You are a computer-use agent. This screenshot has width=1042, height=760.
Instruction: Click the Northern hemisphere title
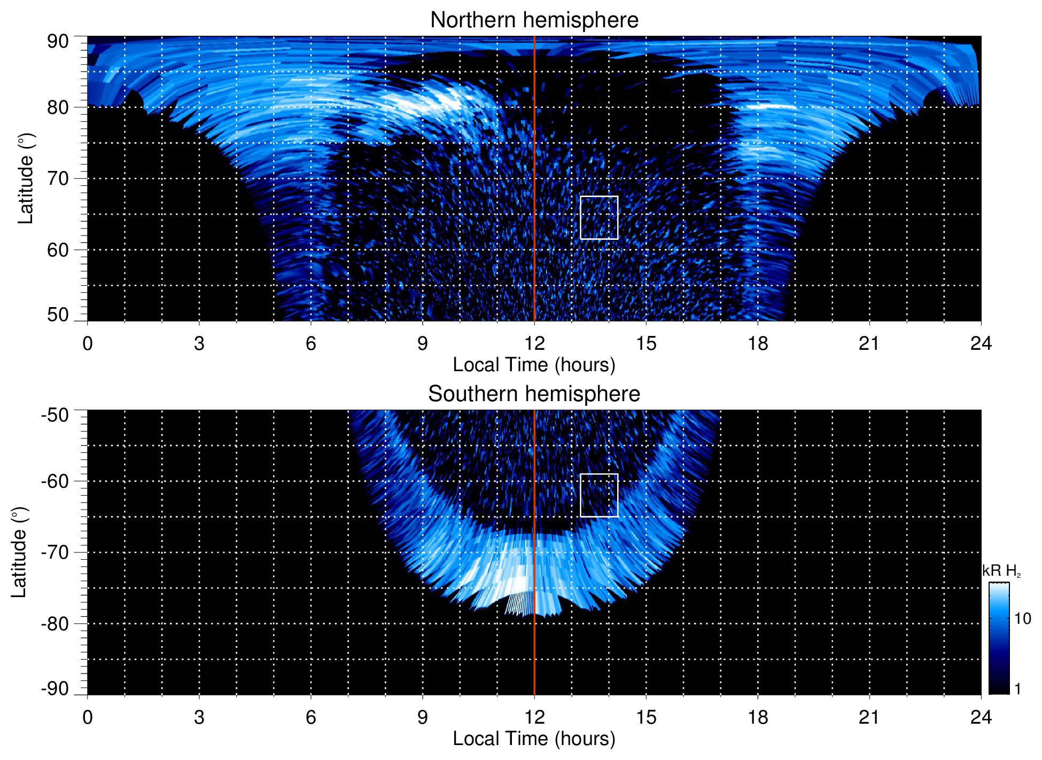click(534, 20)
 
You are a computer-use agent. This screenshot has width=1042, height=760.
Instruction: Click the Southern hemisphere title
click(534, 394)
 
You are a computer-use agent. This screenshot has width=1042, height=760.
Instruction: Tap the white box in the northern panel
click(599, 217)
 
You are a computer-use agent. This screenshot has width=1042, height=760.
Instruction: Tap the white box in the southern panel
click(599, 495)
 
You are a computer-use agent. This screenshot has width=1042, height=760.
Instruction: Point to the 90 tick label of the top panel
click(58, 42)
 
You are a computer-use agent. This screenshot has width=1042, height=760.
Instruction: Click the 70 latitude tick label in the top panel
click(58, 178)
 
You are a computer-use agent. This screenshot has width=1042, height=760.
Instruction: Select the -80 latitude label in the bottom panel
click(55, 624)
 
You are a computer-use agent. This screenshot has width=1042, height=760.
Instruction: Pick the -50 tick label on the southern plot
click(55, 416)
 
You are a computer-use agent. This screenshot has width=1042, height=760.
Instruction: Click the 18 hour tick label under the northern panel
click(758, 343)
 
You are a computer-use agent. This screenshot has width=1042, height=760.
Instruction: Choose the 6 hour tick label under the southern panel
click(311, 717)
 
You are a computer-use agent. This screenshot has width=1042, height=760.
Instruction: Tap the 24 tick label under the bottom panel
click(981, 717)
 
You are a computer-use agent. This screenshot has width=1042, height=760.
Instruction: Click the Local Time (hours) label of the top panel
click(534, 365)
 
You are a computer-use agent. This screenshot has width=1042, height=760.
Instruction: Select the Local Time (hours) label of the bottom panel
click(534, 739)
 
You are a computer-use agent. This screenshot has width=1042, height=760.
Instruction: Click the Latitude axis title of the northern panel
click(26, 178)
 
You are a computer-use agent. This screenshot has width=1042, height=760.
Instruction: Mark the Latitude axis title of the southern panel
click(19, 552)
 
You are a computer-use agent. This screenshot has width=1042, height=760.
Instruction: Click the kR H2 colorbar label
click(1001, 571)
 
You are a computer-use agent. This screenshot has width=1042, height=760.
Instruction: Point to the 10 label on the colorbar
click(1022, 619)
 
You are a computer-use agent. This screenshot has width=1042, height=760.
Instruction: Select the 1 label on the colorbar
click(1017, 689)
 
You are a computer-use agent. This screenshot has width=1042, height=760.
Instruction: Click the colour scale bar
click(998, 638)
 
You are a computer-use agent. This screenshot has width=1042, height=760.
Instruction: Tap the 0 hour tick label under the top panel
click(88, 343)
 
